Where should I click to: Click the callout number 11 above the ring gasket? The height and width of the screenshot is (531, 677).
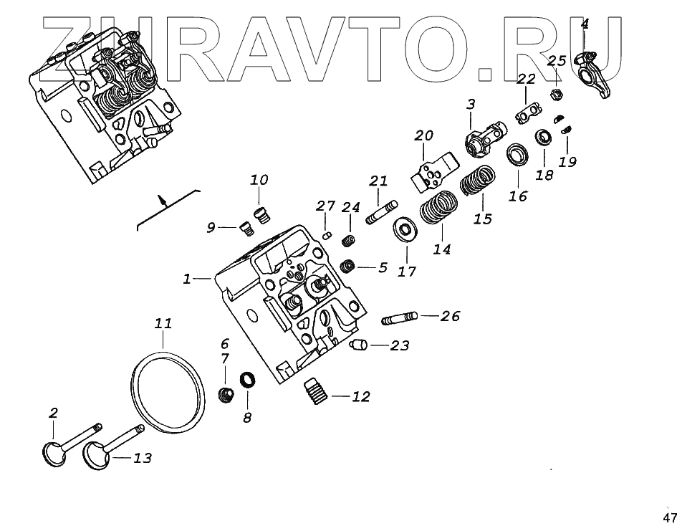pos(163,323)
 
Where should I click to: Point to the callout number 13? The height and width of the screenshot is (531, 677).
pos(143,458)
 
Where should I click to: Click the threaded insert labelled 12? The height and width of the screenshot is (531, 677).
pos(315,391)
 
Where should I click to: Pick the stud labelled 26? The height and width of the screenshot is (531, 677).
pos(398,316)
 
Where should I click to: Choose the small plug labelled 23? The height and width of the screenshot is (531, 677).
pos(358,345)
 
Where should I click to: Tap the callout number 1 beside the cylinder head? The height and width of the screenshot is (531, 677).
pos(187,279)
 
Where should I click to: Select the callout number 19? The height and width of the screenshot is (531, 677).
pos(567,162)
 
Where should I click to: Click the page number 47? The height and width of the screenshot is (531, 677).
pos(669,517)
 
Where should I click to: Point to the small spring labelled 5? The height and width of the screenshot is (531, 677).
pos(348,267)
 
